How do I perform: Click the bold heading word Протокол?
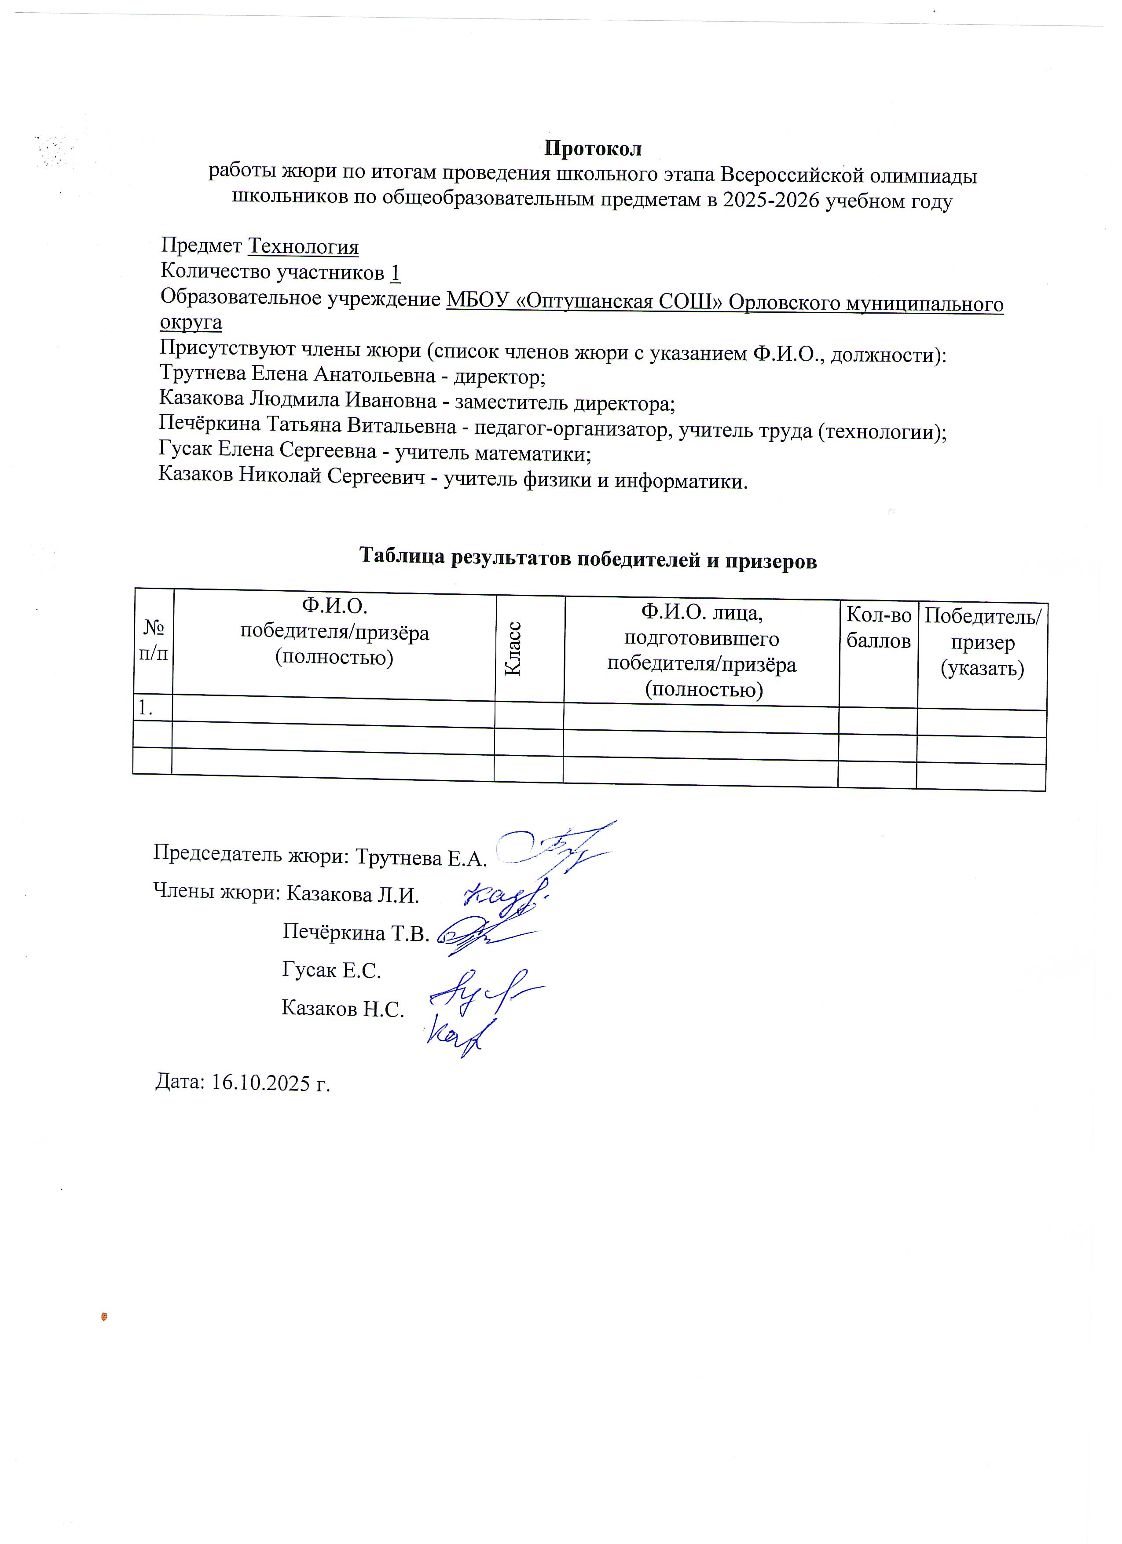[x=592, y=148]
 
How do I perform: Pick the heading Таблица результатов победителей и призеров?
[x=587, y=558]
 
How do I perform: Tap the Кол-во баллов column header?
[x=878, y=628]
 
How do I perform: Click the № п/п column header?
[x=153, y=640]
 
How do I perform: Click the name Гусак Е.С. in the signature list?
[x=332, y=970]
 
